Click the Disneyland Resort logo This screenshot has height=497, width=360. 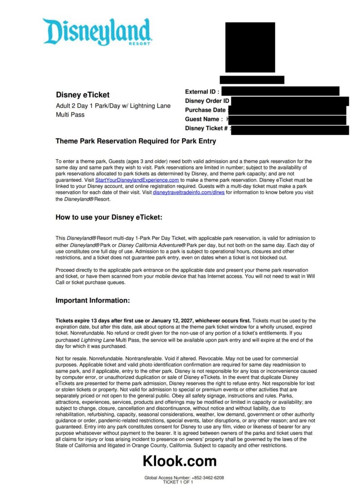[98, 32]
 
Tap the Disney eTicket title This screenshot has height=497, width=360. [83, 95]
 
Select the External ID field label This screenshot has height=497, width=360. [202, 91]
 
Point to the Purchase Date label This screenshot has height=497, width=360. [206, 110]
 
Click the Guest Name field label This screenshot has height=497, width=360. [204, 119]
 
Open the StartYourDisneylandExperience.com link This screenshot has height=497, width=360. [137, 180]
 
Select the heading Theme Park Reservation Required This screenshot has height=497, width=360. [136, 141]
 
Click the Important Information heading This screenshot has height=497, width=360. [93, 300]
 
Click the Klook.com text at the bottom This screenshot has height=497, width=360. [179, 461]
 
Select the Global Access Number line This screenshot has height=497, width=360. [184, 478]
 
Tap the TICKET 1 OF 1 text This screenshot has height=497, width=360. [178, 482]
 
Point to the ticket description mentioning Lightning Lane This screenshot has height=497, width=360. [113, 110]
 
